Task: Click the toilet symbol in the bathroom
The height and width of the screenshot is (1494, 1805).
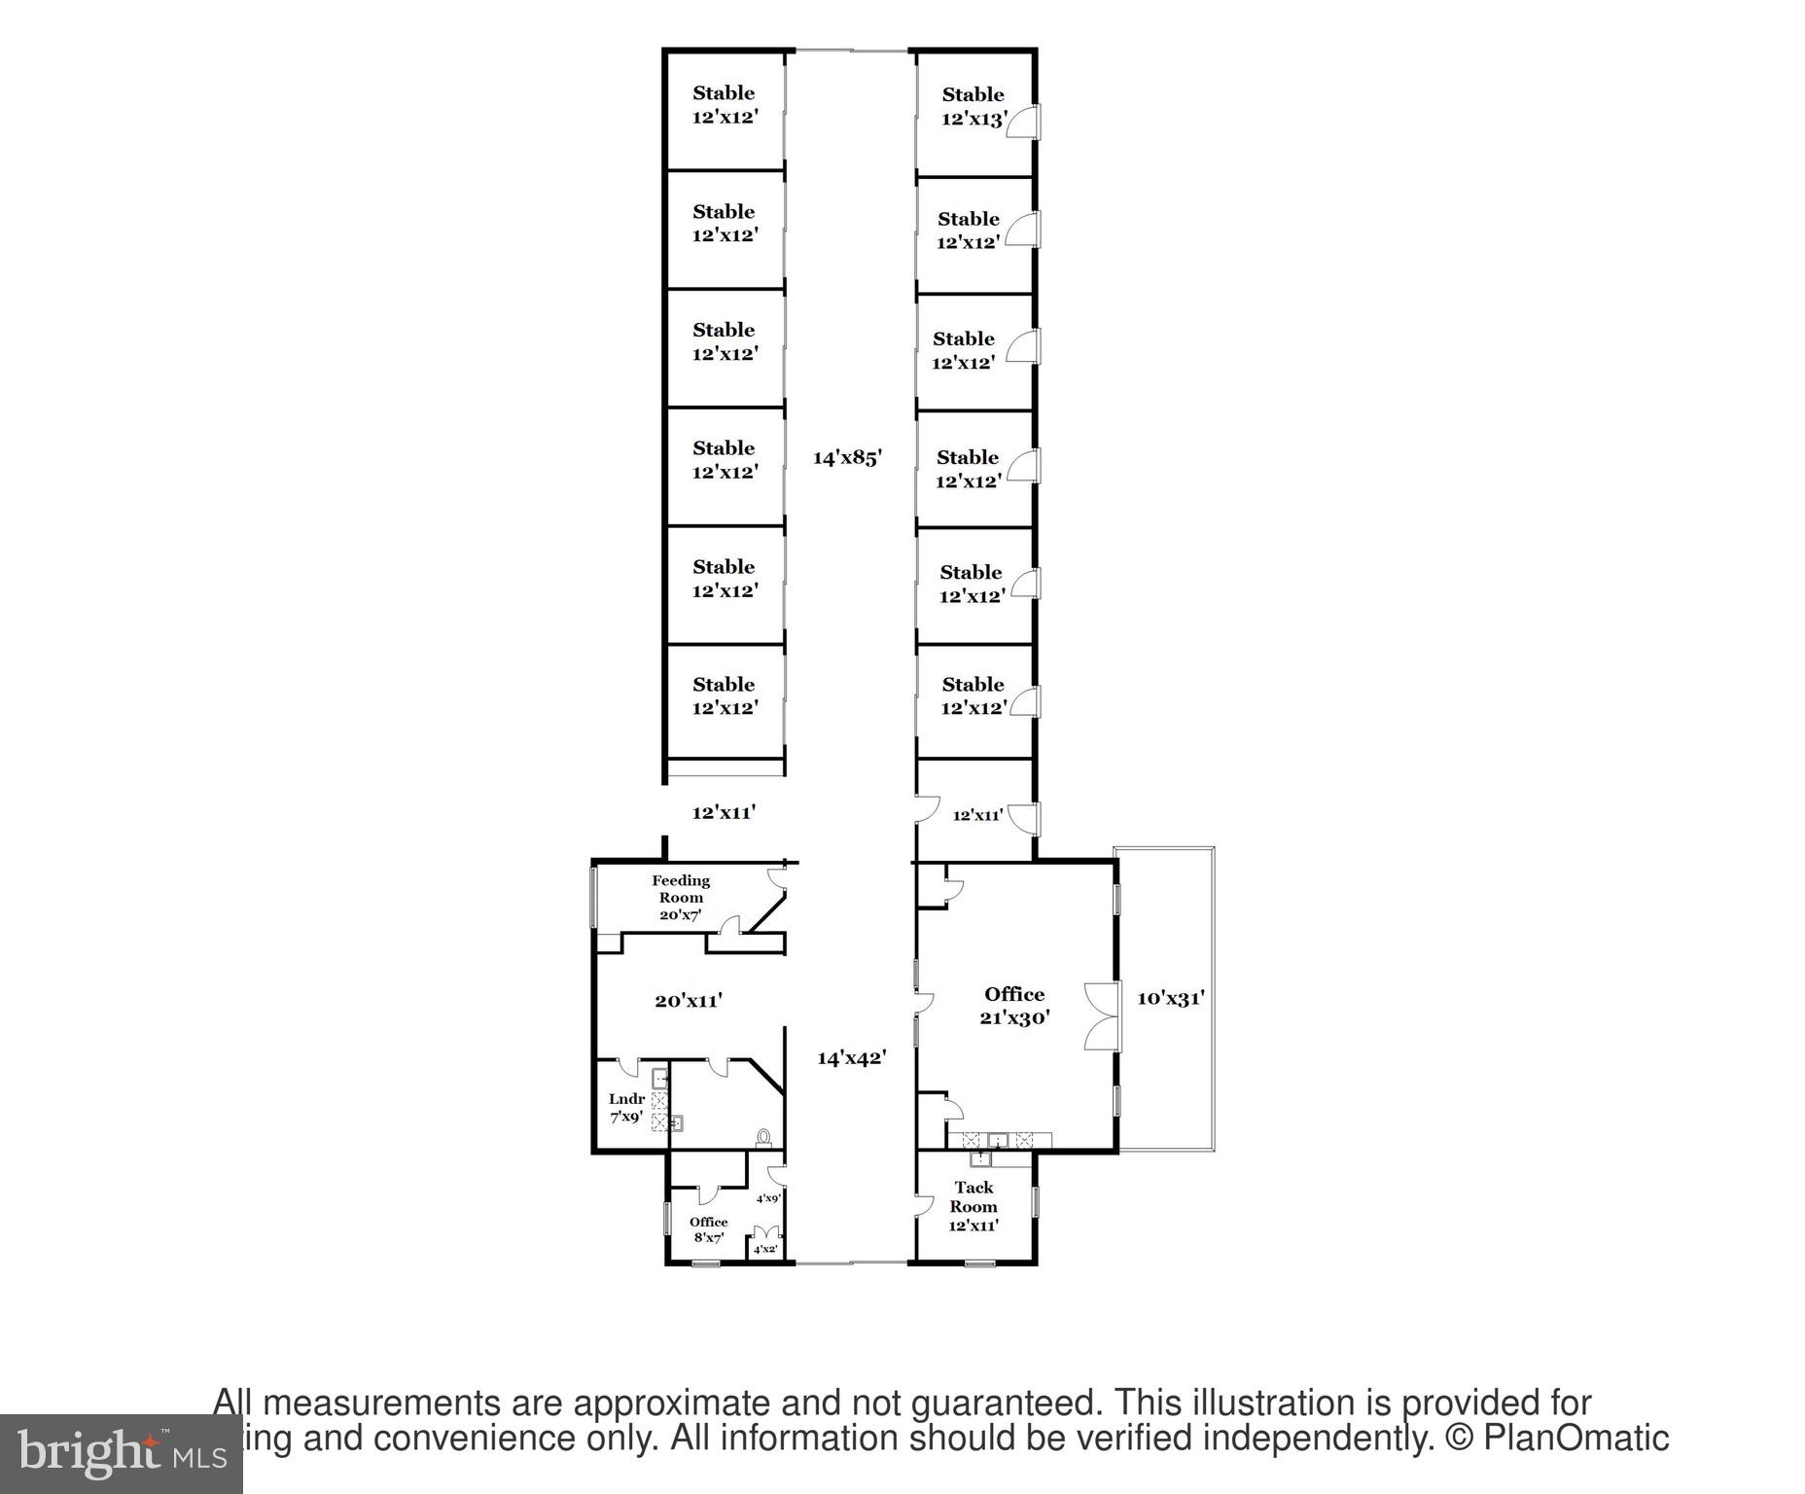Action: click(764, 1135)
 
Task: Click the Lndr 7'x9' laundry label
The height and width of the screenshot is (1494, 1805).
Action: click(626, 1108)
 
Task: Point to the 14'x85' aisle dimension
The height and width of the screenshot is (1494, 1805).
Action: click(847, 457)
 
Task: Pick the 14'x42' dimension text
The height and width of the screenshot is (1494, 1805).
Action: click(852, 1057)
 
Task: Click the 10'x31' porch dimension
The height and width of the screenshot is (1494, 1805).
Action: click(1171, 998)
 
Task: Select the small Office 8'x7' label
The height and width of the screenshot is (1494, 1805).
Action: click(708, 1229)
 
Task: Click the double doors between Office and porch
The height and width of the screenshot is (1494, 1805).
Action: click(1101, 1016)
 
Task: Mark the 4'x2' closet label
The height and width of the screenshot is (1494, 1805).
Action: click(765, 1249)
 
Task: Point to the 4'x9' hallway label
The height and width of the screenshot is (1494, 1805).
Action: click(768, 1198)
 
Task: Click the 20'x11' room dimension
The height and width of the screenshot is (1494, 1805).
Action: click(689, 1000)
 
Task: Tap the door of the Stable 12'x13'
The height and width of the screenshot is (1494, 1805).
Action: click(1026, 123)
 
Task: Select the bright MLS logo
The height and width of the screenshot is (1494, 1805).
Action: click(121, 1453)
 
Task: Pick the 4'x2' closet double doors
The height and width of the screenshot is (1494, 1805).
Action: click(765, 1233)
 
